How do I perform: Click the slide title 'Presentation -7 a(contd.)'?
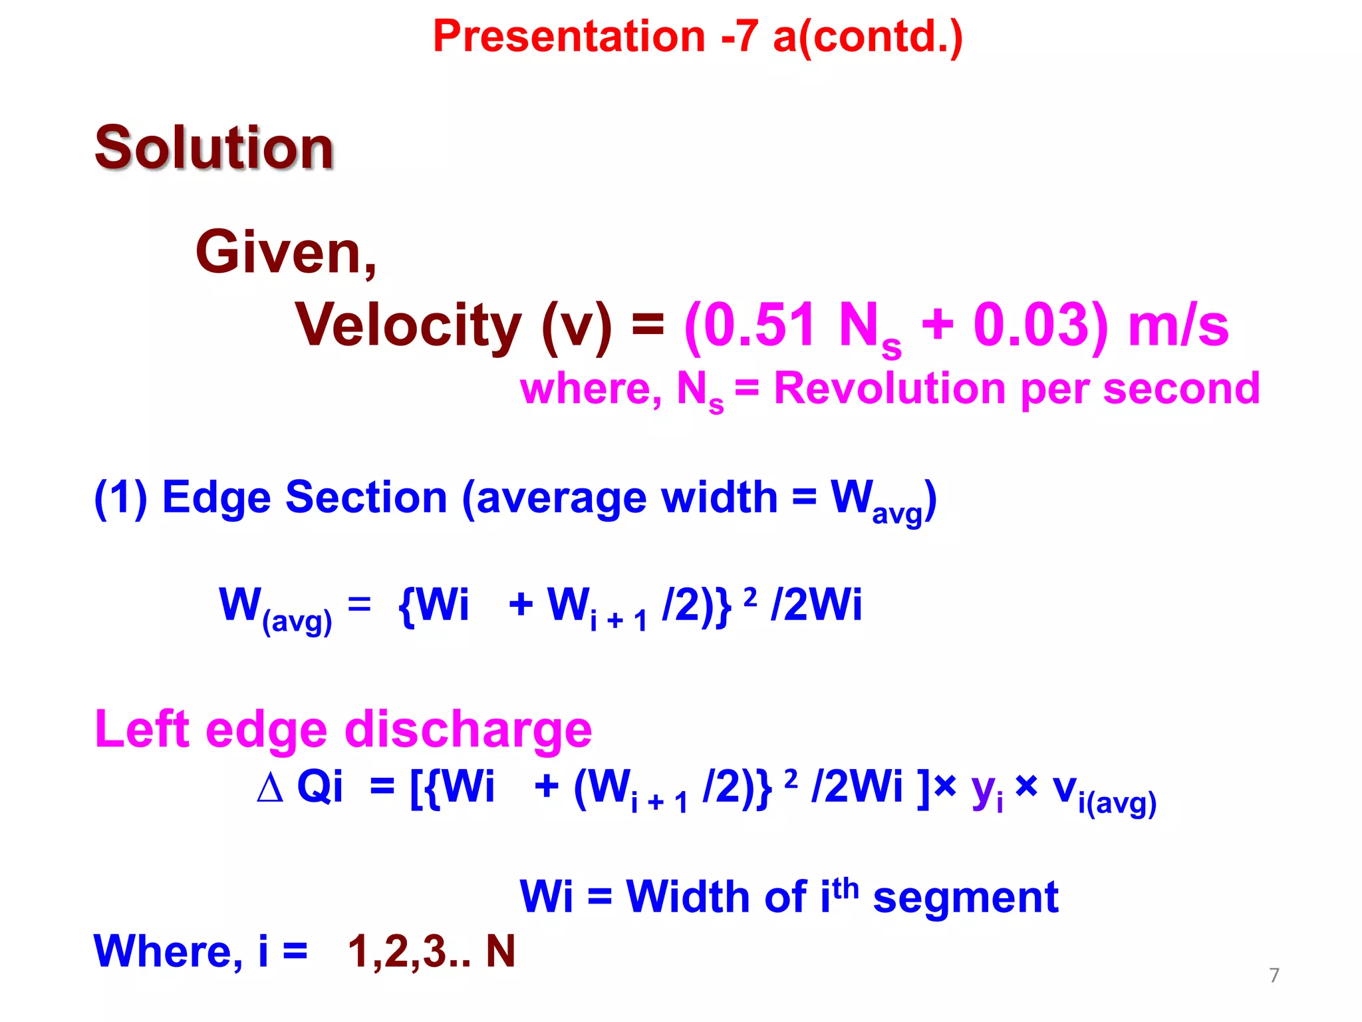[x=698, y=37]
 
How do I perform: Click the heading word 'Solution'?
[x=214, y=148]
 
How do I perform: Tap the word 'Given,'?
[x=287, y=253]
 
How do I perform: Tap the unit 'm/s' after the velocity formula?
[x=1178, y=326]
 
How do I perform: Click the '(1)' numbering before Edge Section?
[x=120, y=498]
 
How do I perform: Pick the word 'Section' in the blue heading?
[x=366, y=498]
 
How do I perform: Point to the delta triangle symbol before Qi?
[x=270, y=788]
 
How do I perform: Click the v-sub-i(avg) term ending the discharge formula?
[x=1104, y=793]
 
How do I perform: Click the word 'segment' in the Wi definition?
[x=965, y=897]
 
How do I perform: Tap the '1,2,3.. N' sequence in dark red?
[x=431, y=951]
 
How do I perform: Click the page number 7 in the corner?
[x=1274, y=975]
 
